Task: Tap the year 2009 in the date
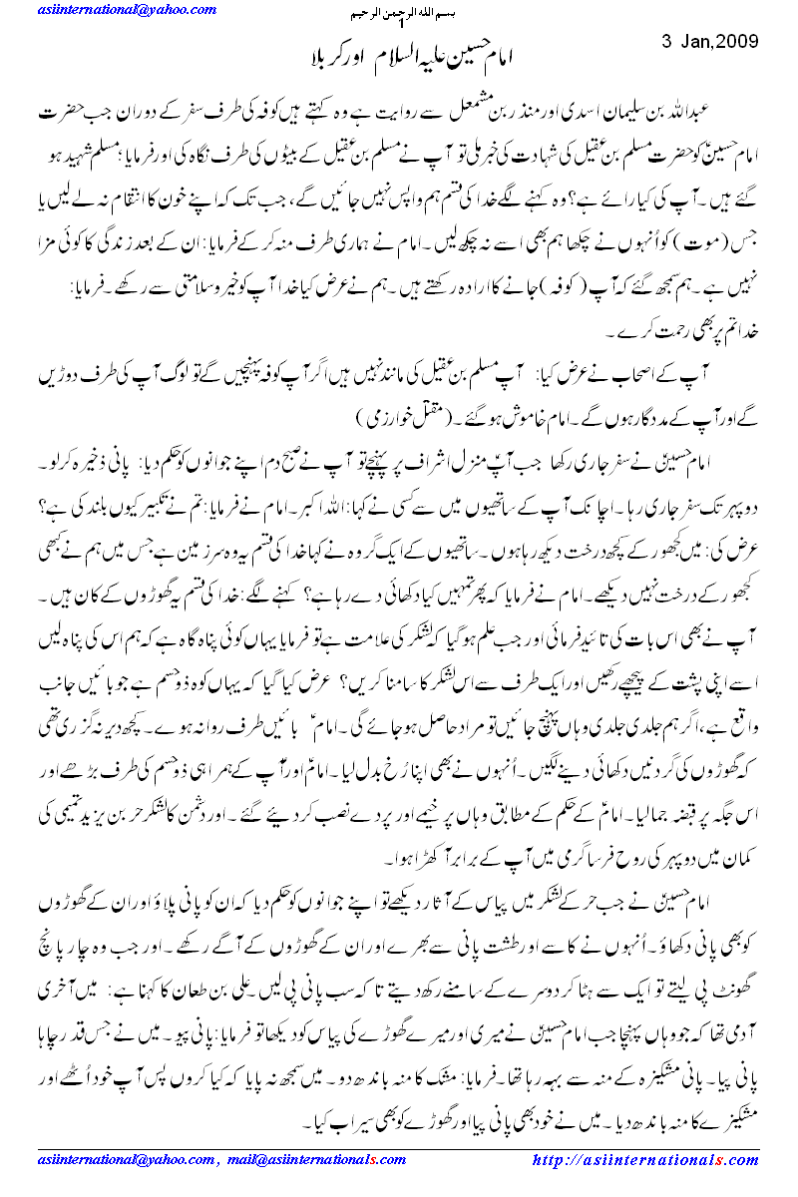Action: [x=738, y=43]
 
